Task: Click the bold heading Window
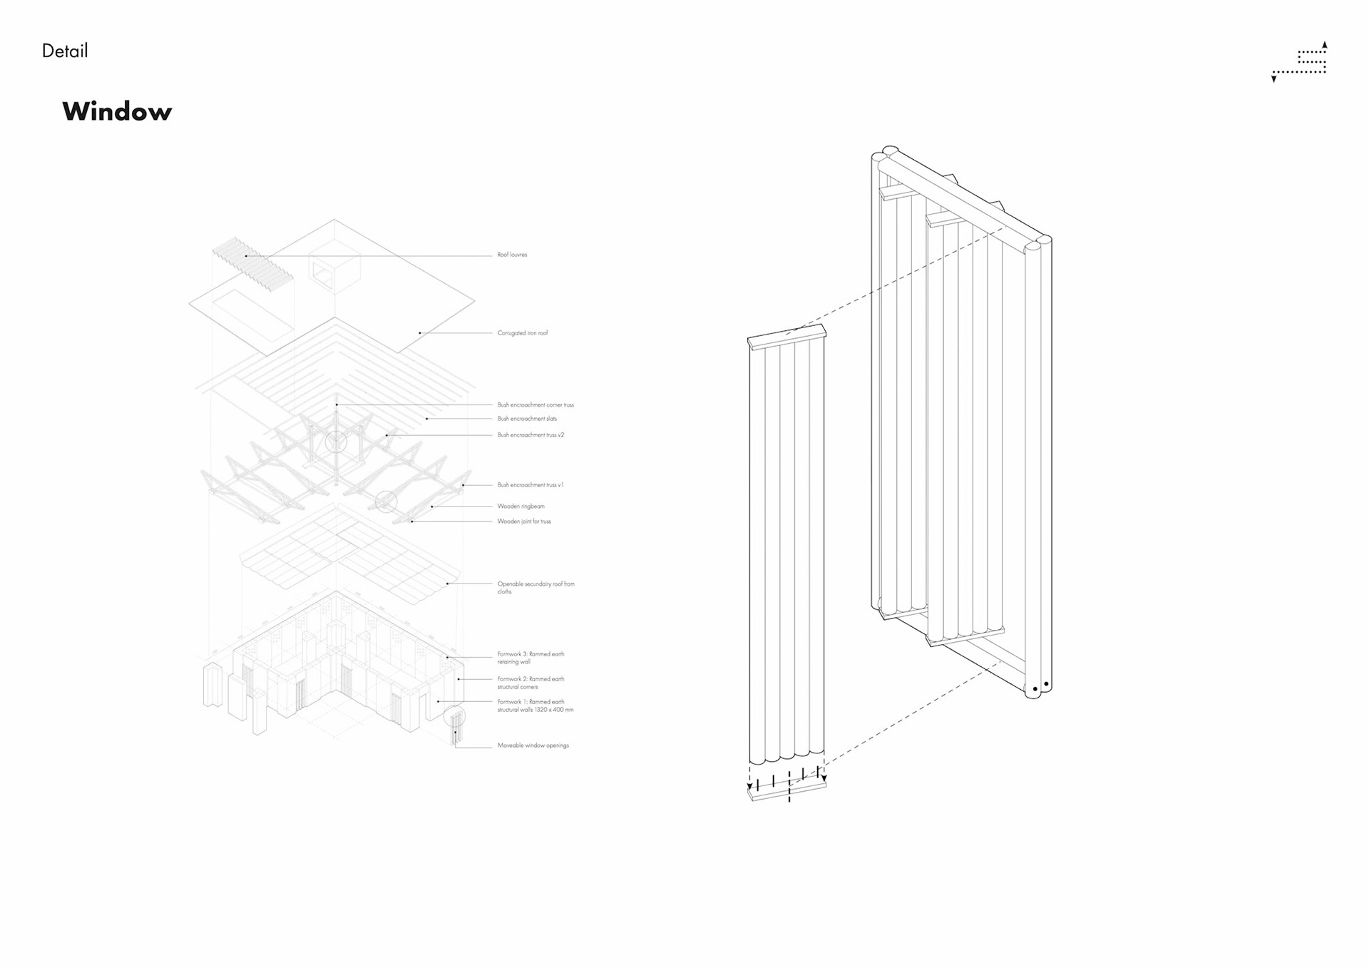click(117, 112)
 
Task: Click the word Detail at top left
click(65, 51)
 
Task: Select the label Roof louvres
click(512, 255)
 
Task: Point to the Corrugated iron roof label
click(522, 333)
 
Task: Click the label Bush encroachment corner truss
click(535, 405)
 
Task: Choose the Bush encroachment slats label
click(527, 419)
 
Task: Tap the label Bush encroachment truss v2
click(530, 435)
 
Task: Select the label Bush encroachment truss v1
click(530, 485)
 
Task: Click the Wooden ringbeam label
click(521, 506)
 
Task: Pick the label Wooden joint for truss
click(524, 521)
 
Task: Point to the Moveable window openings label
click(533, 745)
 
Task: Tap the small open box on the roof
click(334, 271)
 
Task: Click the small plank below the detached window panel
click(786, 790)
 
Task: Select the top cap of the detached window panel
click(786, 337)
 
